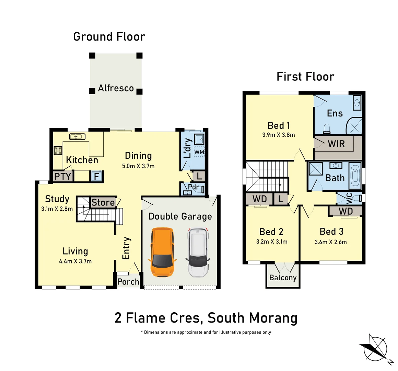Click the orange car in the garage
[x=162, y=252]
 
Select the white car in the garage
[x=198, y=252]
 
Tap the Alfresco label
[x=116, y=88]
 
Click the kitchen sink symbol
[x=77, y=137]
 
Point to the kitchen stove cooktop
[x=58, y=150]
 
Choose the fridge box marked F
[x=96, y=176]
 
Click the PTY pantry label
[x=62, y=176]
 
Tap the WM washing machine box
[x=199, y=152]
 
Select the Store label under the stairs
[x=103, y=203]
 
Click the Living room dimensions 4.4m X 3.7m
[x=75, y=261]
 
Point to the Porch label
[x=128, y=282]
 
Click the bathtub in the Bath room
[x=355, y=176]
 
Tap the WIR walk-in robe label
[x=336, y=144]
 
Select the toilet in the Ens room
[x=327, y=129]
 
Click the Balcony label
[x=283, y=278]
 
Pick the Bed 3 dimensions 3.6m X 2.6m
[x=331, y=242]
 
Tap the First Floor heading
[x=305, y=77]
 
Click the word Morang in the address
[x=273, y=318]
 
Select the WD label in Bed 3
[x=346, y=211]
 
